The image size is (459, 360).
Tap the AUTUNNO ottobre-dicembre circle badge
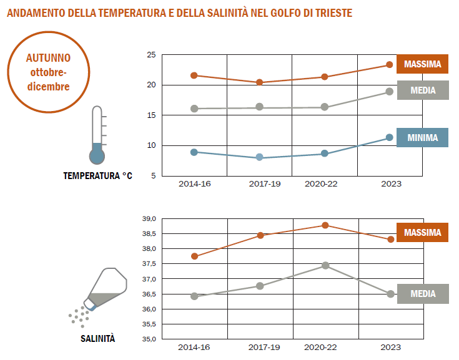tap(48, 72)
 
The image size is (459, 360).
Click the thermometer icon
tap(97, 135)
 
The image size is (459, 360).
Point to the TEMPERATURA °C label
tap(98, 176)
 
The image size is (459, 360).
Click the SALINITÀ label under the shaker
tap(98, 339)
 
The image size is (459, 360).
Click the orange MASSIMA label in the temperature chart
tap(422, 64)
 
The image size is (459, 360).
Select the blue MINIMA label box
tap(422, 137)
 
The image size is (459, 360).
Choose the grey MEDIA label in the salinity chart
tap(422, 294)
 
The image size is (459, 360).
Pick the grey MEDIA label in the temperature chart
tap(422, 90)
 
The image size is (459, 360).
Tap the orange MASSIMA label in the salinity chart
tap(422, 233)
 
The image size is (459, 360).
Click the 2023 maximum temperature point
tap(389, 65)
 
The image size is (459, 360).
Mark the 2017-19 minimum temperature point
tap(260, 157)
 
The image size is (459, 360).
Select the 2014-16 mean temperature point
tap(194, 109)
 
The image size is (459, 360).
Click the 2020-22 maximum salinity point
tap(325, 225)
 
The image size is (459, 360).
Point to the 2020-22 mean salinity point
tap(325, 265)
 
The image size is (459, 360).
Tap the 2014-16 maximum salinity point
tap(194, 256)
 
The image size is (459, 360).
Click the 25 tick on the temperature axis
tap(151, 55)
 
